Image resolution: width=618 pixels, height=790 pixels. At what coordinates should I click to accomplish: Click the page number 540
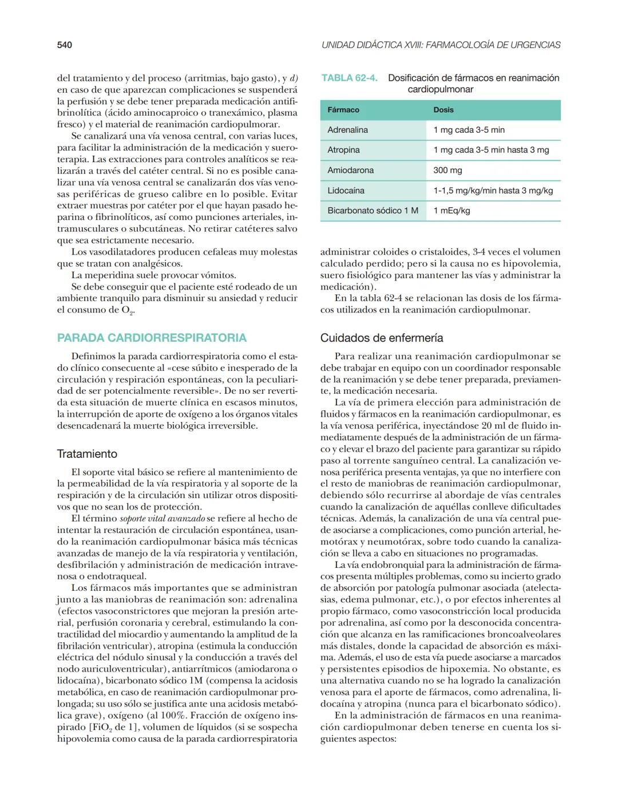(x=64, y=45)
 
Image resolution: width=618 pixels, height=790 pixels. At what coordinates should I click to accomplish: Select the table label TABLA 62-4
(x=349, y=78)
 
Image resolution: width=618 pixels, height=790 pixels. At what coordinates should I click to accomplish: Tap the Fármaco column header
(x=343, y=110)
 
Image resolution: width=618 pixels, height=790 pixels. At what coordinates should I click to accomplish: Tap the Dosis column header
(x=443, y=110)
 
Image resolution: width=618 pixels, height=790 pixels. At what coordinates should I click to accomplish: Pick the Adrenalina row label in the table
(x=347, y=130)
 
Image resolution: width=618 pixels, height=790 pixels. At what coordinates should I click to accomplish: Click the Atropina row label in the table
(x=343, y=150)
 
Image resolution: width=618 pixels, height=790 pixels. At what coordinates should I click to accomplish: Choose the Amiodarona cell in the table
(x=350, y=170)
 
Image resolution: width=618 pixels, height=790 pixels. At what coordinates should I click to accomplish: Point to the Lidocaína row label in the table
(x=346, y=190)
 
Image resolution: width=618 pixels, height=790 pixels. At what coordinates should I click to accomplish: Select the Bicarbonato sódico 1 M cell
(x=373, y=211)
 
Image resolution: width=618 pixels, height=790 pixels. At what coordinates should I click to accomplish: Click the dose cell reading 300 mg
(x=447, y=170)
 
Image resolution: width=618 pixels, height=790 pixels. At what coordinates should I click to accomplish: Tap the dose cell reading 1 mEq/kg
(x=451, y=211)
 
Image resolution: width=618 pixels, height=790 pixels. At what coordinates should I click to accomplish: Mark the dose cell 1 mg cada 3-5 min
(x=469, y=130)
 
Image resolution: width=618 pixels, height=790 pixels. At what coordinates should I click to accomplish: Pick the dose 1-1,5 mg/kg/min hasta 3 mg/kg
(x=493, y=190)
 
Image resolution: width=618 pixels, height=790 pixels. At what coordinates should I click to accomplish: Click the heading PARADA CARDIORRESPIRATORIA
(x=152, y=338)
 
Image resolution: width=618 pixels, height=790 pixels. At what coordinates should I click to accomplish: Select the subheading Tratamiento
(x=87, y=454)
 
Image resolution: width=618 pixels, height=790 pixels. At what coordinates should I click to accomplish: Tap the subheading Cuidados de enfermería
(x=382, y=338)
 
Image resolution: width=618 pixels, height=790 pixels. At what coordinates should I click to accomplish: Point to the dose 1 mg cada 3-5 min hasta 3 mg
(x=491, y=150)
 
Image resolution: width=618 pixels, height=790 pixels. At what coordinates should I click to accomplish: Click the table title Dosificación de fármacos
(x=473, y=78)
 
